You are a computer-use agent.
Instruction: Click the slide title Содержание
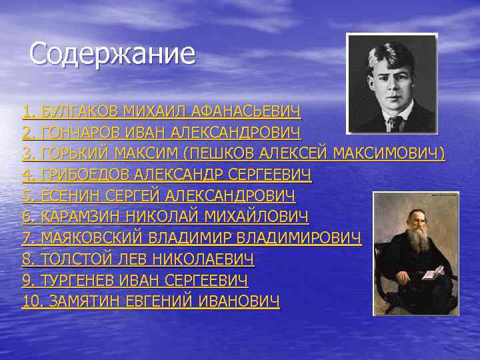(x=113, y=54)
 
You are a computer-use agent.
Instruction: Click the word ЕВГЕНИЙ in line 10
(x=161, y=301)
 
